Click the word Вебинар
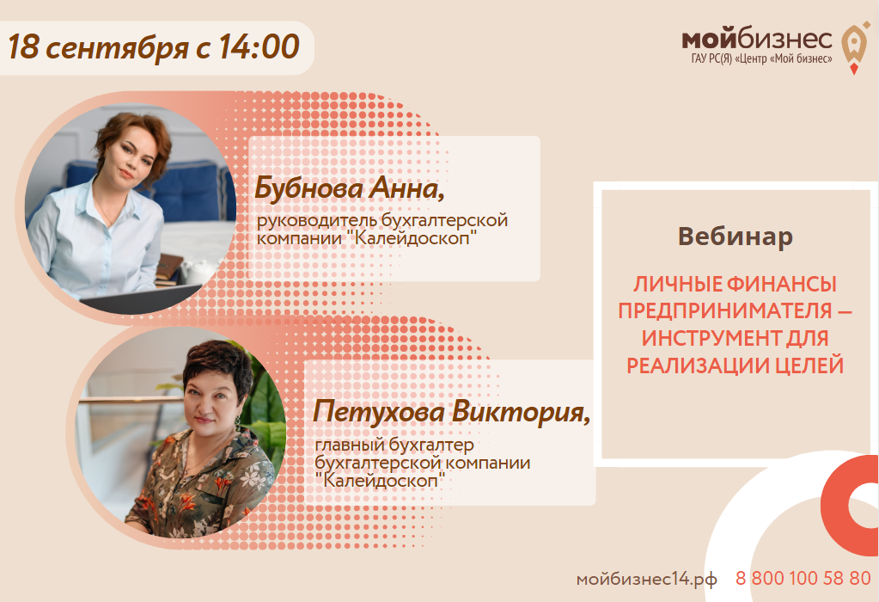[x=735, y=236]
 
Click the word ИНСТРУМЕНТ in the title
[x=701, y=338]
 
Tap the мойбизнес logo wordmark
[x=756, y=39]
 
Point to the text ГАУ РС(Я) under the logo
[x=717, y=60]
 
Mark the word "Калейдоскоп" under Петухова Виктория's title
[x=378, y=480]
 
